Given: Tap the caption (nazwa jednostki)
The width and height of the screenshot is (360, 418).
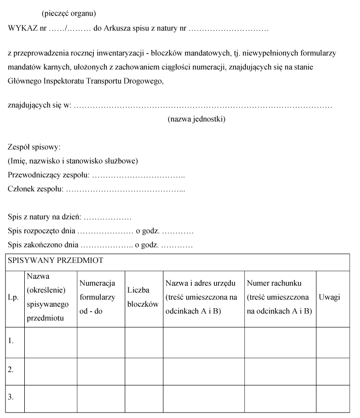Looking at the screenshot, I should click(x=196, y=119).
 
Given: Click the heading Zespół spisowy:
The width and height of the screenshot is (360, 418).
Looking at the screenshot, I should click(x=34, y=147).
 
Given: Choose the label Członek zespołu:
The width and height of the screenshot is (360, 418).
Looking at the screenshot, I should click(x=35, y=189).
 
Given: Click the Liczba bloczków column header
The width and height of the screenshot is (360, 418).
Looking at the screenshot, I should click(x=143, y=297).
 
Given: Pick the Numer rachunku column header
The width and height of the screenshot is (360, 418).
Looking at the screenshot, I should click(x=279, y=297).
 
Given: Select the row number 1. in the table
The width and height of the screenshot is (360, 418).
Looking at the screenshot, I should click(x=11, y=341).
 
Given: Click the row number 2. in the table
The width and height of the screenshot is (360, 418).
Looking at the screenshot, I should click(x=11, y=369).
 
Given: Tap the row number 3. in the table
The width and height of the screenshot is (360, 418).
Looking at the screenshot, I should click(x=11, y=397).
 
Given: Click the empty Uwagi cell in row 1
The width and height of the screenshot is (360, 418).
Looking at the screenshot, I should click(x=333, y=342).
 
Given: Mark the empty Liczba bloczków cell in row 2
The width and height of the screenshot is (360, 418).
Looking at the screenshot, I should click(x=143, y=371).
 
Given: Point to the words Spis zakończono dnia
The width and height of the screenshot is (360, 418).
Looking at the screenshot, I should click(x=43, y=245).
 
